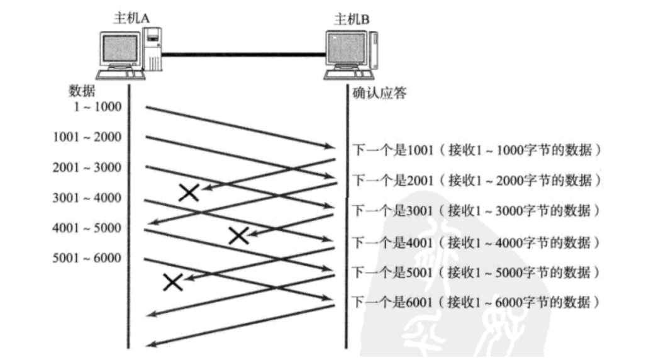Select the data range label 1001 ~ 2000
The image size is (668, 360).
[87, 137]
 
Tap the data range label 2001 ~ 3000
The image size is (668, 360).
[87, 167]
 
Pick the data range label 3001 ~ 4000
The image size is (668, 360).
[87, 198]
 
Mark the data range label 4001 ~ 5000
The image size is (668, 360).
[87, 228]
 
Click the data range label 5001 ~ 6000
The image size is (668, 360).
[87, 257]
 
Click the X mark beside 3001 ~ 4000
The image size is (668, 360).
[189, 193]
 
